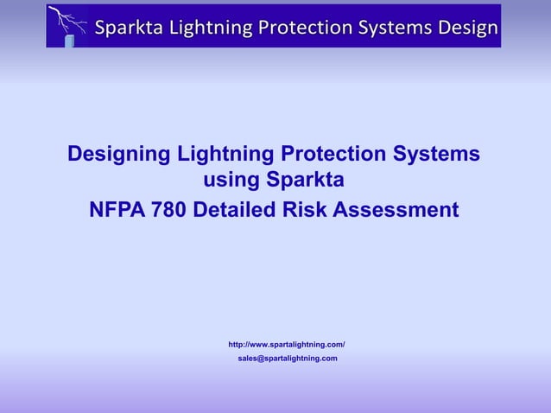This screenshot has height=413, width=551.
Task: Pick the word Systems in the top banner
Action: point(391,27)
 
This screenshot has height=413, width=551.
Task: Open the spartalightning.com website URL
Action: point(286,345)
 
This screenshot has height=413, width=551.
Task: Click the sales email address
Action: point(288,358)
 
